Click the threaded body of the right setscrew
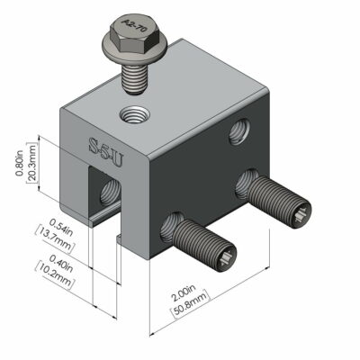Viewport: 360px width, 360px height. coord(274,199)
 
